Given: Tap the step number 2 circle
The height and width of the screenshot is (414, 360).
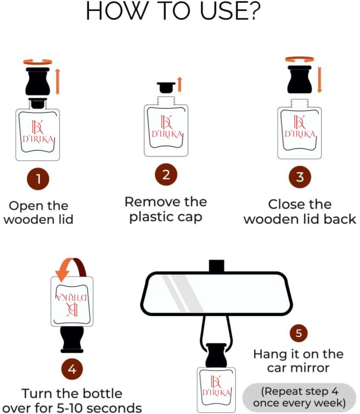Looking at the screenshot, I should (x=166, y=175).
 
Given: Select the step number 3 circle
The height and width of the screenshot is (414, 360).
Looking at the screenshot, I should (x=300, y=177).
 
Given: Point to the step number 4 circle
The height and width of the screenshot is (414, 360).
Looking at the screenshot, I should (x=72, y=370).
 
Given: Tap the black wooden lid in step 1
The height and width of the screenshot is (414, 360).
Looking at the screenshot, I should (x=38, y=81).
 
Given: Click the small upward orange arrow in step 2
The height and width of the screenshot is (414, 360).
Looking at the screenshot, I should (x=179, y=85).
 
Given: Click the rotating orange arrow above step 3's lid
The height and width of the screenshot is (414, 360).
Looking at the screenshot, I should (x=300, y=59).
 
